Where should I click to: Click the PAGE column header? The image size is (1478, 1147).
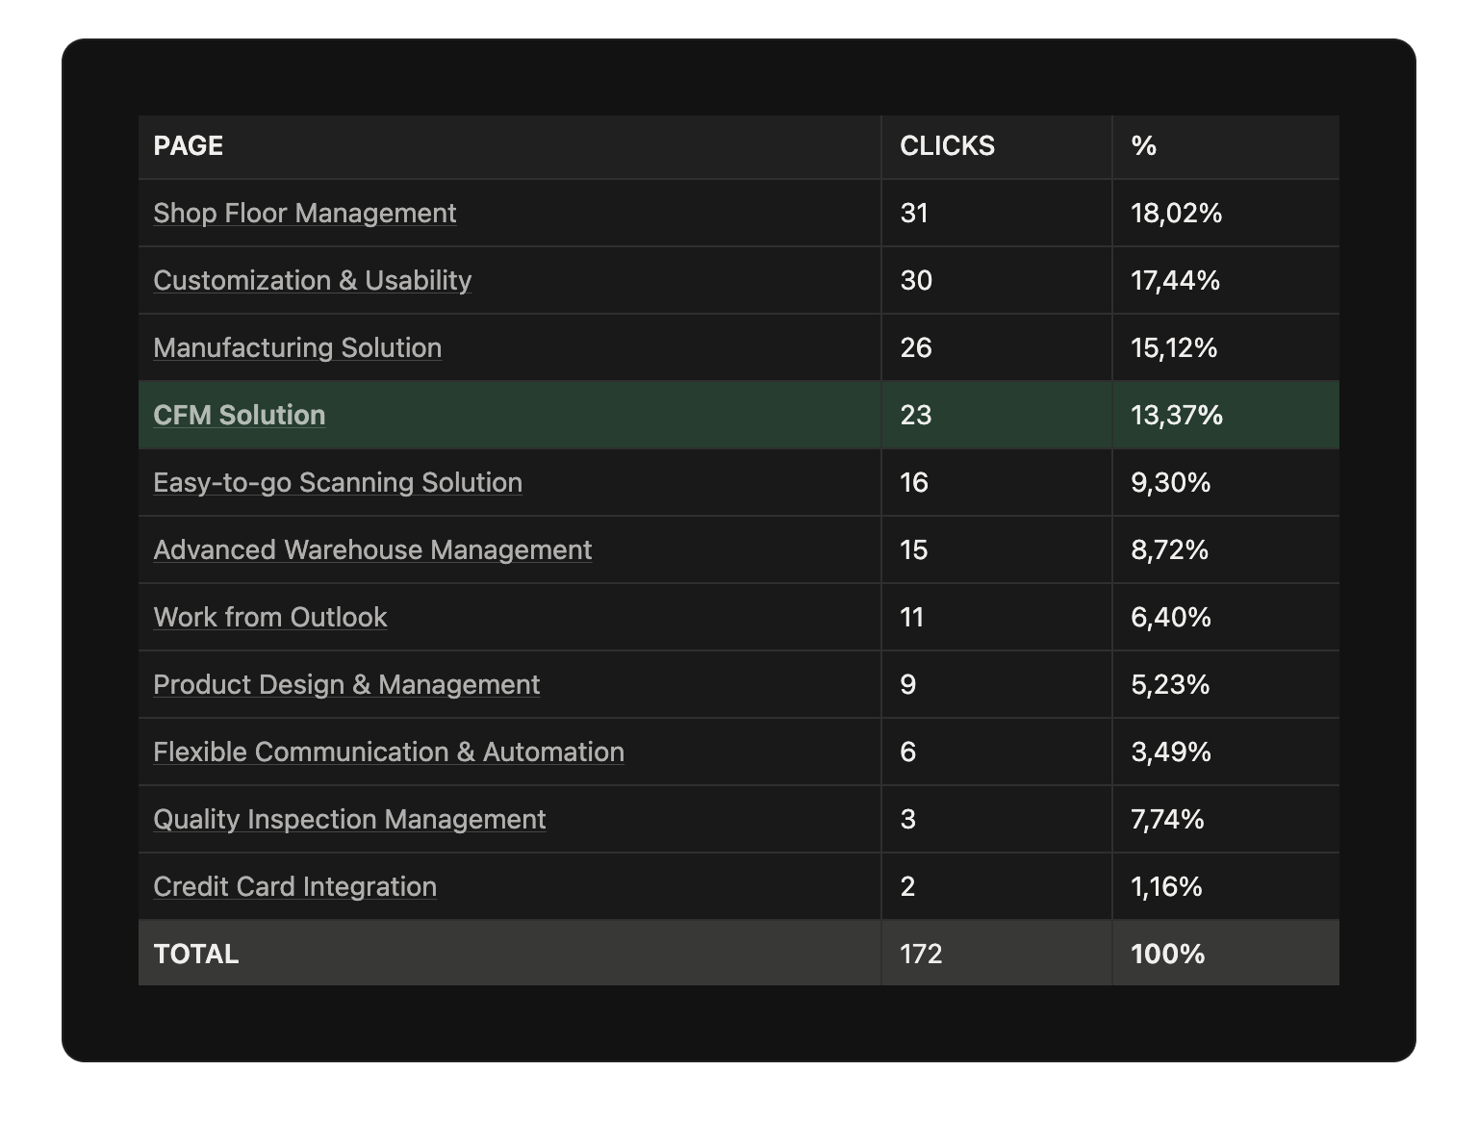(x=189, y=146)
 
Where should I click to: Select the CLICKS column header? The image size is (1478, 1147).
(x=947, y=146)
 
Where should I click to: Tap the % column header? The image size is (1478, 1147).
(x=1143, y=146)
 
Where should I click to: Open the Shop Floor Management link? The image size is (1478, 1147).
(x=304, y=213)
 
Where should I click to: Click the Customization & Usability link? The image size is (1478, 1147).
(x=312, y=280)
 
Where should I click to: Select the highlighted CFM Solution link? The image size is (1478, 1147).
(x=239, y=415)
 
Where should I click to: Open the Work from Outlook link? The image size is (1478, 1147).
(x=269, y=617)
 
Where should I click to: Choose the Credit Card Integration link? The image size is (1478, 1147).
(x=294, y=886)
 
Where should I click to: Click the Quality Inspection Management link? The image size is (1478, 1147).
(x=349, y=819)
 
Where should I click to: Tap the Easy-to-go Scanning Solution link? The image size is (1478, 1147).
(x=338, y=482)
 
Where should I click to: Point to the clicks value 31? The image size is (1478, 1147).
(x=914, y=213)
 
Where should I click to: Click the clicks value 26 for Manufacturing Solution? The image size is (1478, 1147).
(x=916, y=347)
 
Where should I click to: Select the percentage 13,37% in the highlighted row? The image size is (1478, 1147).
(x=1176, y=415)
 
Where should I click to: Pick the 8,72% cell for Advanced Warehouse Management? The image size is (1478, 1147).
(x=1169, y=549)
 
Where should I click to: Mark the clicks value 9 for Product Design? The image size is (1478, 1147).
(x=907, y=684)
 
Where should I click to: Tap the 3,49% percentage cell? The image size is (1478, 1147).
(x=1170, y=752)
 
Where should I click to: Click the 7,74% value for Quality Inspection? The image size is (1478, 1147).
(x=1167, y=819)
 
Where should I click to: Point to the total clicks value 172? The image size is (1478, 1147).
(x=921, y=954)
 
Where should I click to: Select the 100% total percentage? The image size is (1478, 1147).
(x=1167, y=954)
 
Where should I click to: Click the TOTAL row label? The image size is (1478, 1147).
(x=196, y=954)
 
